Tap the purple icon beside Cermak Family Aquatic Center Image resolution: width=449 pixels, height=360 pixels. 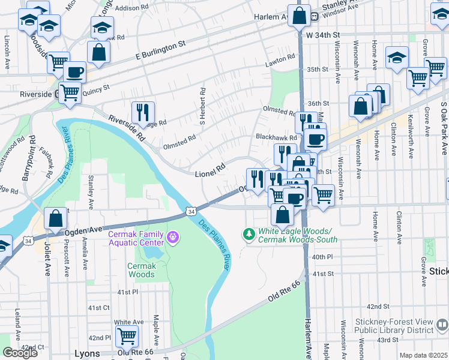[173, 238]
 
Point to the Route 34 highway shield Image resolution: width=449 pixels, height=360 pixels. [190, 212]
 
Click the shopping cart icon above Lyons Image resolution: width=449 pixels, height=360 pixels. [127, 335]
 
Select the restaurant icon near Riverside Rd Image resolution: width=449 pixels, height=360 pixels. [143, 112]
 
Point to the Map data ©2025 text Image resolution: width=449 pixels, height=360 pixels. [423, 355]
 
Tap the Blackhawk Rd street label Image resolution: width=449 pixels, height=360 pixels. [276, 137]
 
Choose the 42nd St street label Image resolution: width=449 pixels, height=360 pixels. [378, 306]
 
